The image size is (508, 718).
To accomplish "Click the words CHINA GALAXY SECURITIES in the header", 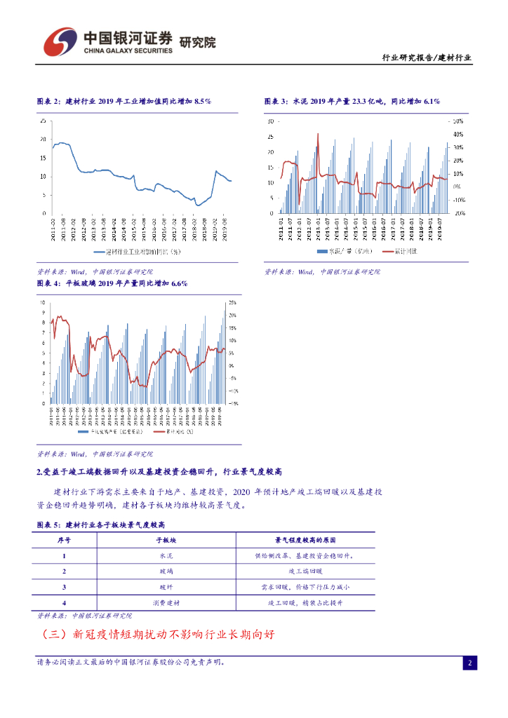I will pos(128,50).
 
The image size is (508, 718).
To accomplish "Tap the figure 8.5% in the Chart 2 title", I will pos(202,102).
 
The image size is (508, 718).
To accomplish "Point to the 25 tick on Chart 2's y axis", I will pos(44,121).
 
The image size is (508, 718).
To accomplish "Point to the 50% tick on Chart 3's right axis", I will pos(457,121).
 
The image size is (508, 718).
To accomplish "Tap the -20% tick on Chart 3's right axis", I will pos(457,213).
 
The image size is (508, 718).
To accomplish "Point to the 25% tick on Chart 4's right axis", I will pos(232,303).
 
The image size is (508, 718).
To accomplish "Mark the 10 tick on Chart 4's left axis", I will pos(44,303).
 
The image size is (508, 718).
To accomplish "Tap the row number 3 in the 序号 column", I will pos(64,587).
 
